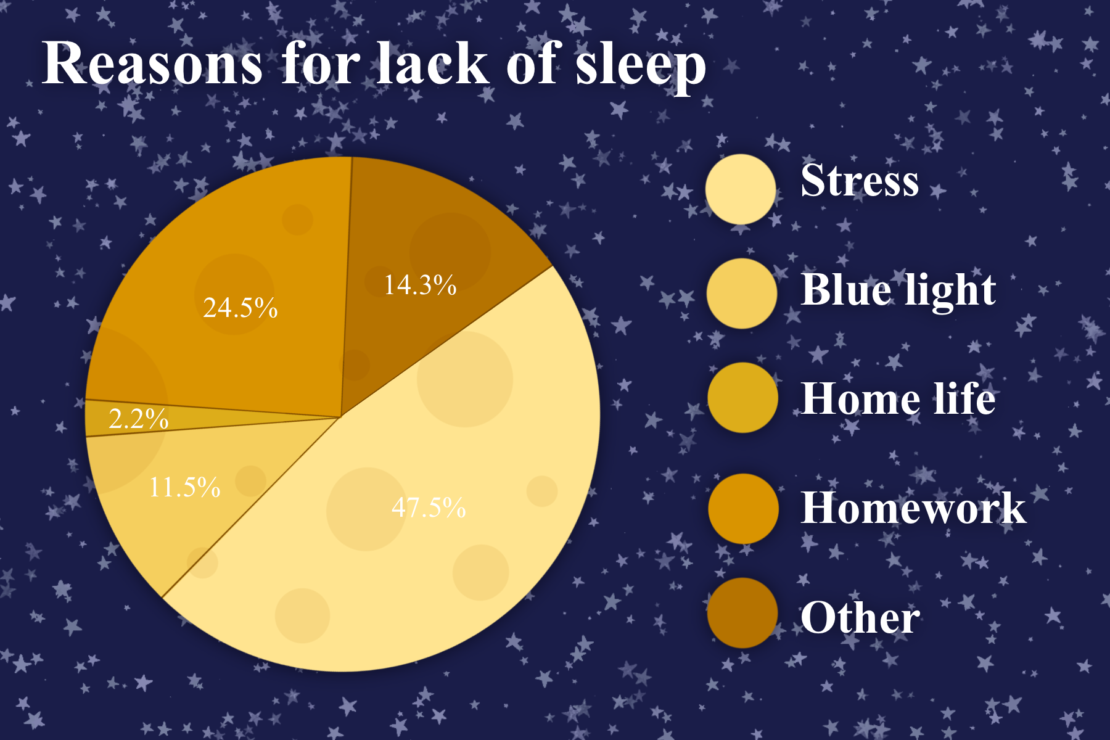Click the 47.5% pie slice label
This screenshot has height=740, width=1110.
coord(429,508)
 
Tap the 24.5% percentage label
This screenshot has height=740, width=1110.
coord(240,307)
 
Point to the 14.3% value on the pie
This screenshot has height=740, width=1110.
coord(420,285)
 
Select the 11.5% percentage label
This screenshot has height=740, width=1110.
coord(185,487)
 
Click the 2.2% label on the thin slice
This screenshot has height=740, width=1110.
coord(139,419)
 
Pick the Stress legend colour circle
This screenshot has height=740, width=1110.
coord(741,189)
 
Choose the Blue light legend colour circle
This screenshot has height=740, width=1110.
coord(742,293)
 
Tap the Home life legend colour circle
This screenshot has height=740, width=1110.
coord(742,397)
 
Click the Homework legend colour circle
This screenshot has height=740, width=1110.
coord(743,508)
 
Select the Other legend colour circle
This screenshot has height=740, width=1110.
coord(742,612)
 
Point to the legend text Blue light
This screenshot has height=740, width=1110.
coord(898,290)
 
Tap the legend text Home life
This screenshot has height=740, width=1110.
coord(898,398)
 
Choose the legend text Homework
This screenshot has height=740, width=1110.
coord(914,508)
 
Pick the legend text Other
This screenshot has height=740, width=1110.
coord(860,617)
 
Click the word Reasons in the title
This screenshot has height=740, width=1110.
coord(152,64)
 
